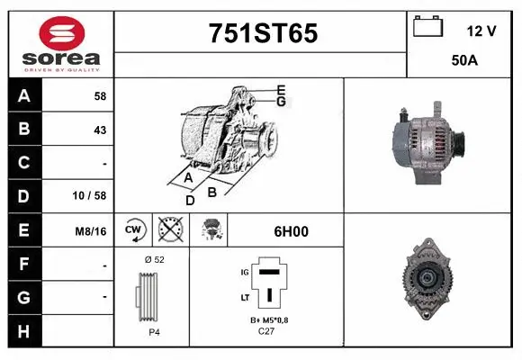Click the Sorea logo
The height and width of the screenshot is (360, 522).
(x=61, y=45)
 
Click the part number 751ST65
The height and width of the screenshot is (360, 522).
(x=262, y=33)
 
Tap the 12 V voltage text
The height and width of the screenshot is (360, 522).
(x=481, y=31)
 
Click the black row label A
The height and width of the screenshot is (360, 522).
(x=24, y=95)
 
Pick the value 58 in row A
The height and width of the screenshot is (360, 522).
(x=100, y=95)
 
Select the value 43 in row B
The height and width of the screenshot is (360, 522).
(x=100, y=130)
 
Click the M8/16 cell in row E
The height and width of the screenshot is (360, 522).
(x=92, y=231)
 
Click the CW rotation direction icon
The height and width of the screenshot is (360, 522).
(x=133, y=231)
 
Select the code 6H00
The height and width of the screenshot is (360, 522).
(x=291, y=231)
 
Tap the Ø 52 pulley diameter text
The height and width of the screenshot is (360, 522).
(x=154, y=259)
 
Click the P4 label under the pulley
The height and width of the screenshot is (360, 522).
(x=154, y=332)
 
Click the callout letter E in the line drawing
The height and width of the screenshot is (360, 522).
(x=282, y=89)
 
